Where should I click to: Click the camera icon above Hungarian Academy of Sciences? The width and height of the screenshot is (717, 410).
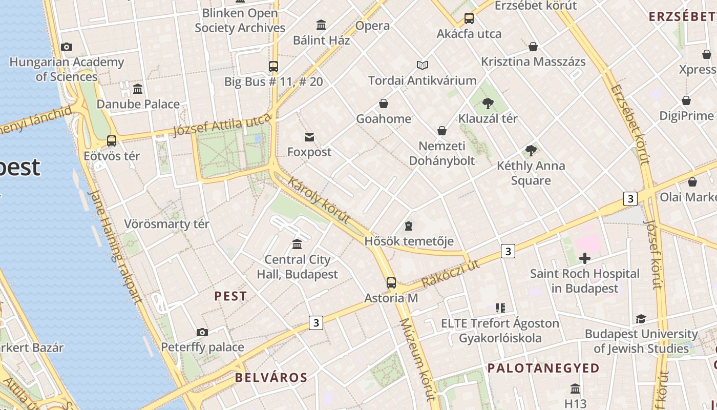pyautogui.click(x=66, y=47)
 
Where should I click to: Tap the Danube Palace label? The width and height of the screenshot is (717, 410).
pyautogui.click(x=138, y=104)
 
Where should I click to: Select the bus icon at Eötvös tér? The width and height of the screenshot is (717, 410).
pyautogui.click(x=112, y=140)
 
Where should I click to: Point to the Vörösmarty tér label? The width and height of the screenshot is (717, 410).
pyautogui.click(x=166, y=224)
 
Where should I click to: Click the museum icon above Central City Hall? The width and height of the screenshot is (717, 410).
pyautogui.click(x=297, y=244)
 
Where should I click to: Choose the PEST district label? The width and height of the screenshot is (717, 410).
pyautogui.click(x=230, y=296)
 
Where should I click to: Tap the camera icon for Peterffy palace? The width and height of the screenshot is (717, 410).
pyautogui.click(x=202, y=332)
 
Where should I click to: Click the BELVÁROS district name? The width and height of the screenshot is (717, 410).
pyautogui.click(x=271, y=378)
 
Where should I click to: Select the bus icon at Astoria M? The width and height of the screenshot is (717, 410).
pyautogui.click(x=391, y=282)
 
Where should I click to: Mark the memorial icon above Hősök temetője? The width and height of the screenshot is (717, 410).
pyautogui.click(x=409, y=225)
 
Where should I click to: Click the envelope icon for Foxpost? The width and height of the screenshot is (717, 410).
pyautogui.click(x=309, y=137)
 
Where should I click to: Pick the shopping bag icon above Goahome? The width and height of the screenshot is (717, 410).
pyautogui.click(x=384, y=104)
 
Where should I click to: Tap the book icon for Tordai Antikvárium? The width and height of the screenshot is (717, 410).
pyautogui.click(x=422, y=65)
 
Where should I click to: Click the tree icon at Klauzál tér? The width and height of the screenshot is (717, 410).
pyautogui.click(x=488, y=104)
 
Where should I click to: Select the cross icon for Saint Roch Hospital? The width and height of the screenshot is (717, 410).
pyautogui.click(x=584, y=258)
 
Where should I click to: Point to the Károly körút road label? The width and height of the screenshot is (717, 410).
pyautogui.click(x=319, y=200)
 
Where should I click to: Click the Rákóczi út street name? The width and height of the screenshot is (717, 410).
pyautogui.click(x=451, y=273)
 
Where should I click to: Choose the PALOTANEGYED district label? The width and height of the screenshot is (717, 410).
pyautogui.click(x=543, y=368)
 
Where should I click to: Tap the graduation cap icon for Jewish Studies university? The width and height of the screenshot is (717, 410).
pyautogui.click(x=641, y=319)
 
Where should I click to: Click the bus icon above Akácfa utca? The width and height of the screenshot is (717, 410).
pyautogui.click(x=469, y=18)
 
